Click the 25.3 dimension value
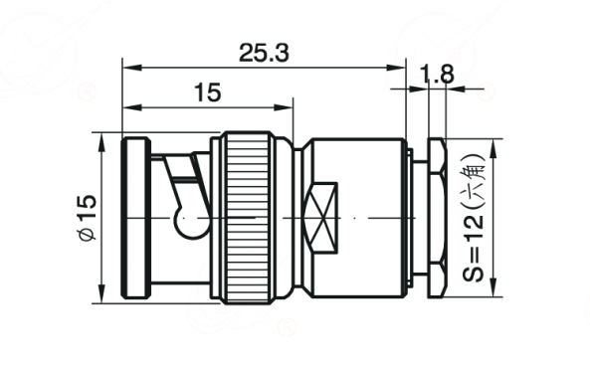pyautogui.click(x=264, y=53)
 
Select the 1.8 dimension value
pyautogui.click(x=437, y=74)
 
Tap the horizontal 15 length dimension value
pyautogui.click(x=208, y=93)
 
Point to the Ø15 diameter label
pyautogui.click(x=88, y=217)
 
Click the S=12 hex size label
pyautogui.click(x=474, y=248)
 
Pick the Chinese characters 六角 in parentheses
pyautogui.click(x=474, y=181)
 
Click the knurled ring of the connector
pyautogui.click(x=248, y=218)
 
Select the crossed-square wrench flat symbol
pyautogui.click(x=321, y=218)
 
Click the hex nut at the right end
pyautogui.click(x=438, y=218)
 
